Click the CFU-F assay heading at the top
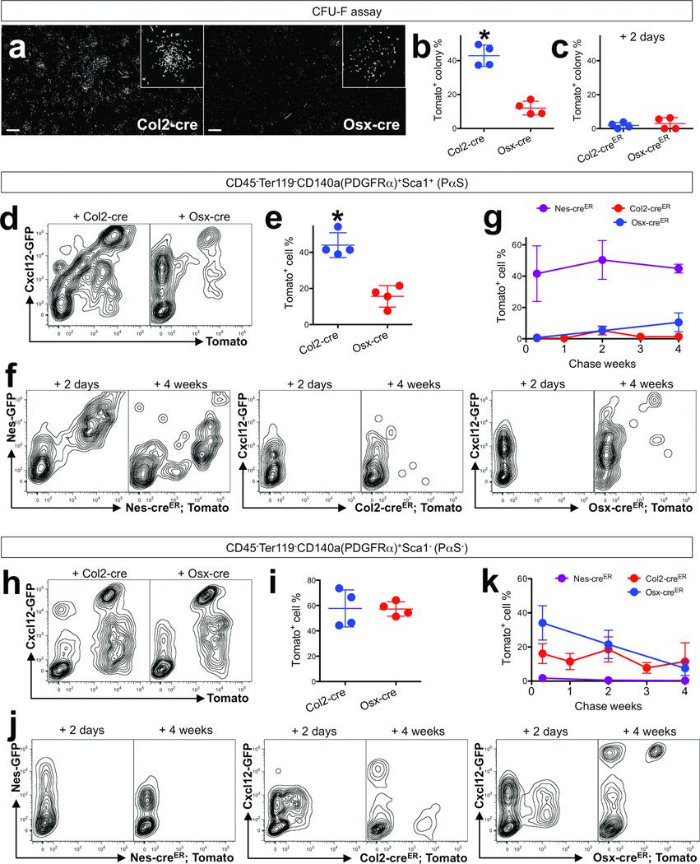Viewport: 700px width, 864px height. pos(350,11)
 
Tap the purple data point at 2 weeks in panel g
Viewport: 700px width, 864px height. pos(602,260)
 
